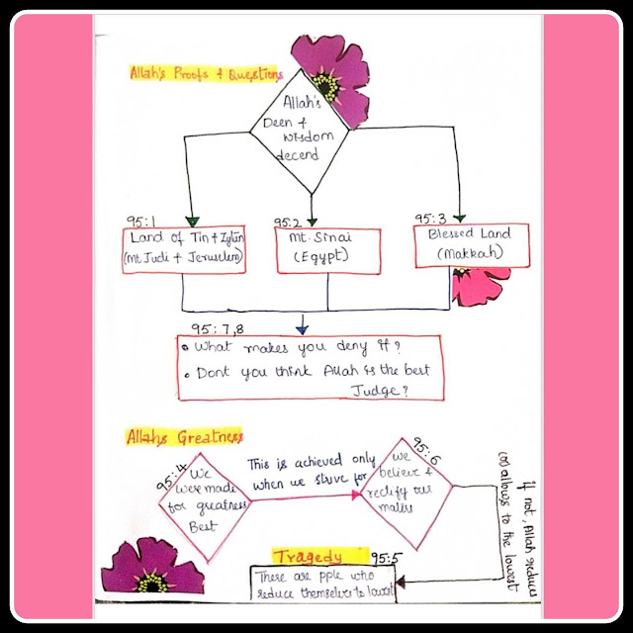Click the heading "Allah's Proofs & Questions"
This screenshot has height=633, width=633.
click(206, 73)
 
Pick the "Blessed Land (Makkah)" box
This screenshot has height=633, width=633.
click(463, 245)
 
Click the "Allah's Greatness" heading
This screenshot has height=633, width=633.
click(185, 436)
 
